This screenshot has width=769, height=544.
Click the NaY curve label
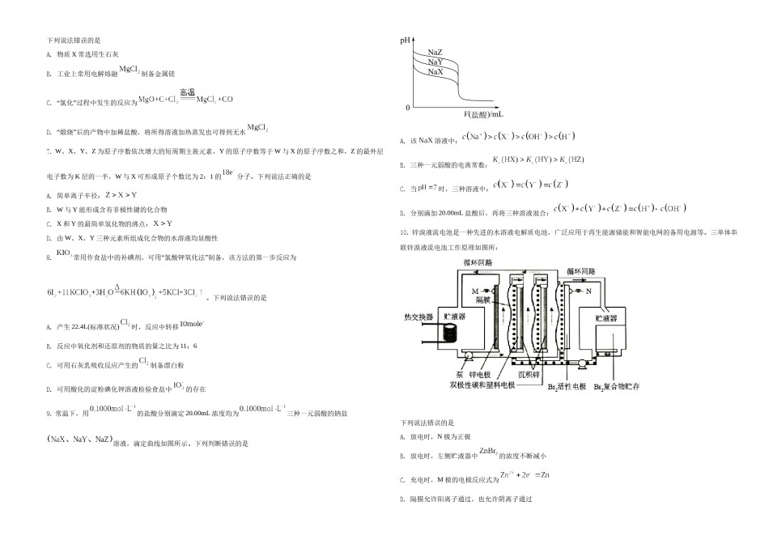click(435, 62)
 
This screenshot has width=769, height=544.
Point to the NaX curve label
click(435, 72)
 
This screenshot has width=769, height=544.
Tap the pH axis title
click(406, 39)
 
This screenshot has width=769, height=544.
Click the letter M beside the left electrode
click(474, 290)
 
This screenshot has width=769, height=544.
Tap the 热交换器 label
click(420, 316)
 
